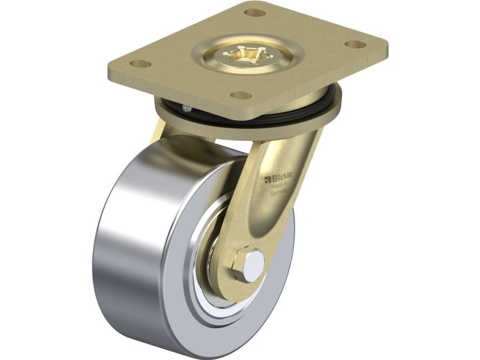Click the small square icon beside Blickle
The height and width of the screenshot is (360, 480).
coord(266,179)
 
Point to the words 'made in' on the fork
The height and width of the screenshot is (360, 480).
coord(279,185)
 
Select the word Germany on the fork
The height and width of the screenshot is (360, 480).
coord(278,193)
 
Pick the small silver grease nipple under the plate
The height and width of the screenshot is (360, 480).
coord(186,108)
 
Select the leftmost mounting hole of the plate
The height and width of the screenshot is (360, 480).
coord(140,64)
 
